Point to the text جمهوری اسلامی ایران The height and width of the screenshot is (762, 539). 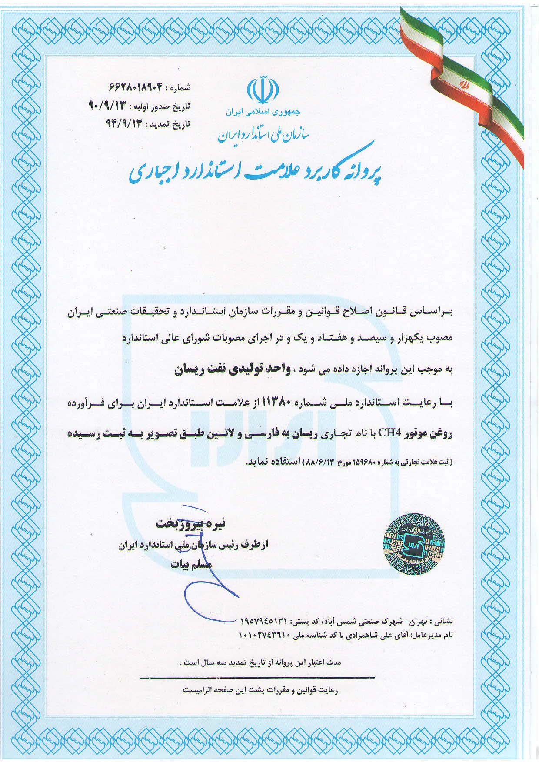263,112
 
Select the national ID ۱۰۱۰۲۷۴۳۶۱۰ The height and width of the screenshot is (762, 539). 265,635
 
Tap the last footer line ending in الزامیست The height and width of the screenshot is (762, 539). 261,690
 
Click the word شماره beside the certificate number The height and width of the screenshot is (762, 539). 180,88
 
